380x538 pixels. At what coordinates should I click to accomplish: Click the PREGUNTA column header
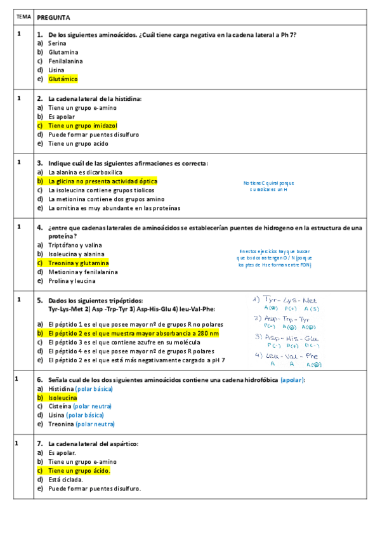click(53, 17)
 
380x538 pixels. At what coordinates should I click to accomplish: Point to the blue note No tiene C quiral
click(269, 185)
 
